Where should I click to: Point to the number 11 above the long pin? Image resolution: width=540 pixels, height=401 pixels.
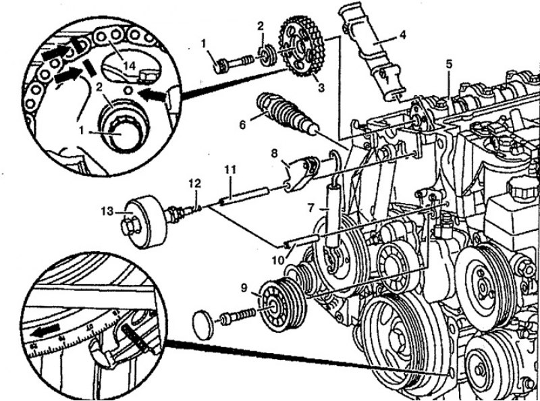click(230, 167)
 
